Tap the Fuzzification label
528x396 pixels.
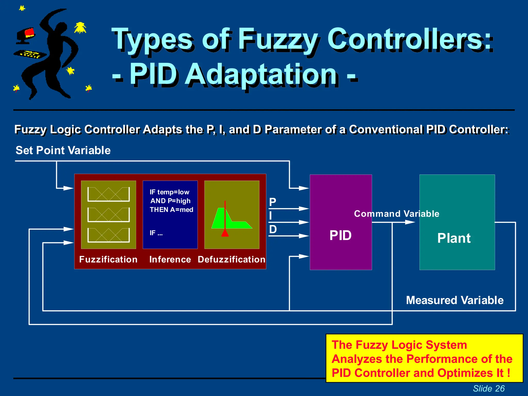pyautogui.click(x=108, y=259)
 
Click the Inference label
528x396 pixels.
pyautogui.click(x=170, y=259)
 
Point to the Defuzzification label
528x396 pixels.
pyautogui.click(x=232, y=259)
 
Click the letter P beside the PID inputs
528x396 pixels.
pyautogui.click(x=273, y=202)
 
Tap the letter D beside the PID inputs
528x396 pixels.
pyautogui.click(x=273, y=229)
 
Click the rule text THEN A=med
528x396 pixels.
pyautogui.click(x=171, y=210)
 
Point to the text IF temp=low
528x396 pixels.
pyautogui.click(x=169, y=192)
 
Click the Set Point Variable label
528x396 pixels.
pyautogui.click(x=63, y=150)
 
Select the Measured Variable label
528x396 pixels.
pyautogui.click(x=455, y=300)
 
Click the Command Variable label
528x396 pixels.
pyautogui.click(x=397, y=214)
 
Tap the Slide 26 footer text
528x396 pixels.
pyautogui.click(x=489, y=388)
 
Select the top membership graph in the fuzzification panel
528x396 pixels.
pyautogui.click(x=109, y=194)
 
